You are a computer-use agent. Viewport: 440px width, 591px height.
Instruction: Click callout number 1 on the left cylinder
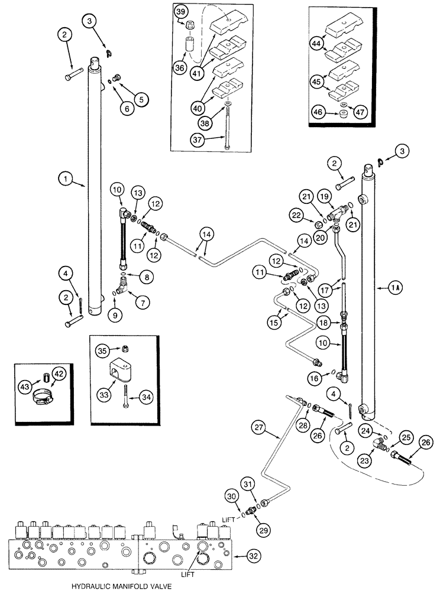tap(66, 176)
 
